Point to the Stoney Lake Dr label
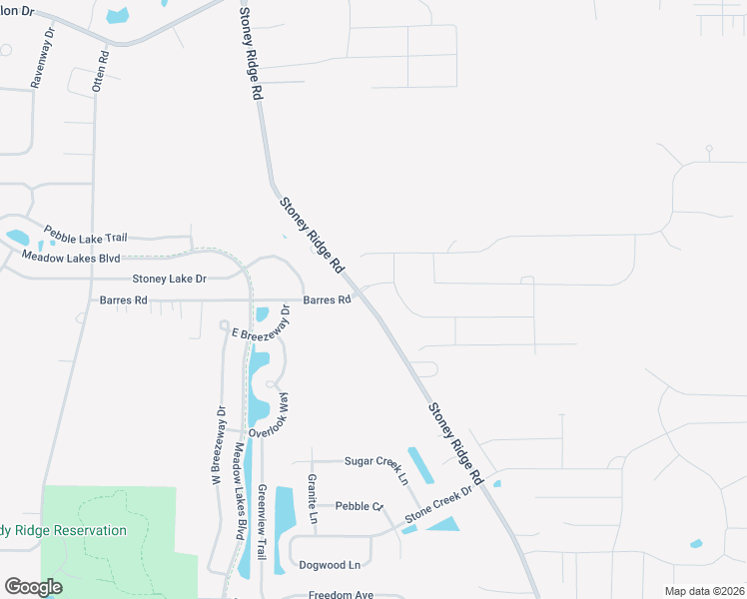[169, 279]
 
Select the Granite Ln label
[312, 499]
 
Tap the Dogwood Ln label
[330, 565]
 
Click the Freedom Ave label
[341, 594]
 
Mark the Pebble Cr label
[360, 506]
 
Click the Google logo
[33, 587]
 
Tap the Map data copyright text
[704, 591]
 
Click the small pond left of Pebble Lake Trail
[18, 238]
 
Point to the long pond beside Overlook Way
[257, 389]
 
